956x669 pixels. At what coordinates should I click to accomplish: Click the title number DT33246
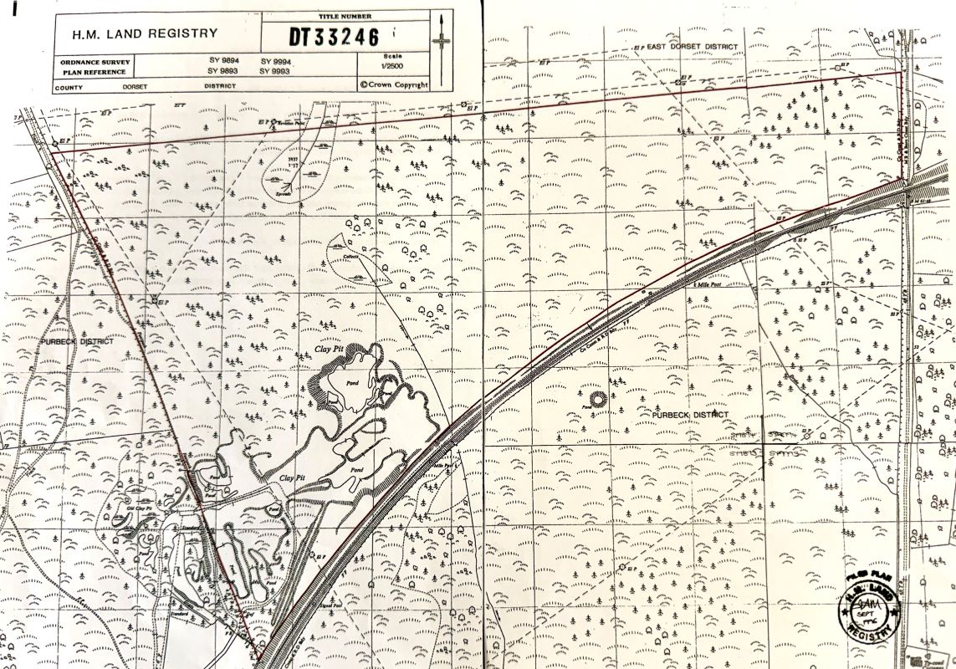[334, 37]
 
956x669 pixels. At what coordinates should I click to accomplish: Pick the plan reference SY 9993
[275, 72]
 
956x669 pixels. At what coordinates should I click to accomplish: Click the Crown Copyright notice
[393, 84]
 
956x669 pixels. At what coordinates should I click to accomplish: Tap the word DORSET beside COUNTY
[135, 86]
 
